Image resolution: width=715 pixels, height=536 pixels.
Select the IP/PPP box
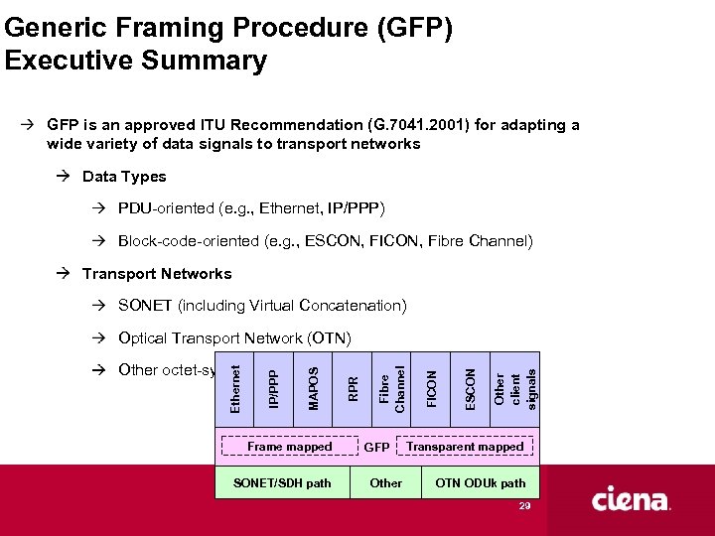click(275, 388)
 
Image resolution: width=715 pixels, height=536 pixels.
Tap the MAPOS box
click(314, 388)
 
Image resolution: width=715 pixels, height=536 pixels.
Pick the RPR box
click(353, 388)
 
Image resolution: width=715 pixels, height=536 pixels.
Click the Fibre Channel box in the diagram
click(391, 388)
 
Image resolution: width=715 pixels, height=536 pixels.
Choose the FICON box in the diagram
click(431, 388)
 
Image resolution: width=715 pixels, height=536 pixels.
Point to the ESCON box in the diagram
click(470, 388)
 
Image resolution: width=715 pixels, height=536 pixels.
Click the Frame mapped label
click(289, 447)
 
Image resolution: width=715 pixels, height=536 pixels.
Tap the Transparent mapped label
click(465, 447)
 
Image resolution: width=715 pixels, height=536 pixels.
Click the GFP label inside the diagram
click(377, 448)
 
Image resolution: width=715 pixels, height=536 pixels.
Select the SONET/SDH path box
click(281, 483)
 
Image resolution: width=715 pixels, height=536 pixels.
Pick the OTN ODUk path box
click(481, 483)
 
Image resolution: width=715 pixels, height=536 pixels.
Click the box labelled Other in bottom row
click(385, 483)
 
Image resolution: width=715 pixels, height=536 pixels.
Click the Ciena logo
click(632, 500)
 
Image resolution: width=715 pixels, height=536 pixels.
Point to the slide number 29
click(524, 506)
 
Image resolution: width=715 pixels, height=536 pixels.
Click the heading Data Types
click(124, 177)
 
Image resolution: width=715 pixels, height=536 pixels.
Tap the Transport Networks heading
click(157, 274)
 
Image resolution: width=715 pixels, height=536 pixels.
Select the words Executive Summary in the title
click(136, 62)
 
